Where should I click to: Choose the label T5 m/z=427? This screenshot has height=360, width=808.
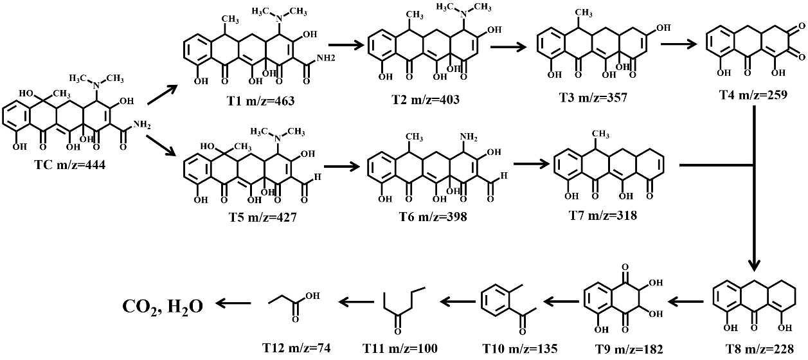[234, 217]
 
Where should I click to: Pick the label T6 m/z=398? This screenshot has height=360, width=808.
[422, 217]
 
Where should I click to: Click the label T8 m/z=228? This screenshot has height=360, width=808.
[761, 348]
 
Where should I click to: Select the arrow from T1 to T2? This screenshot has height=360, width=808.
[346, 46]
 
